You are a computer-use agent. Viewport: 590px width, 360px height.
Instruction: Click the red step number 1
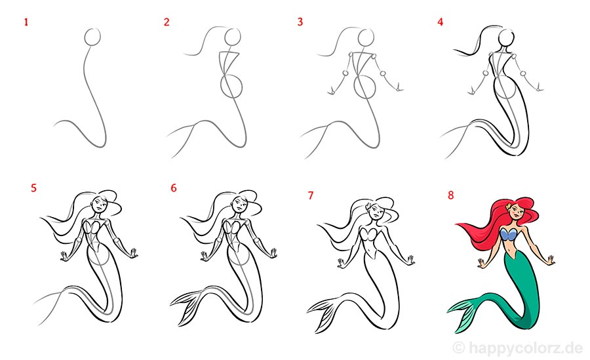point(26,22)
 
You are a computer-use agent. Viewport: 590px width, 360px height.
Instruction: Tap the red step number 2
point(167,22)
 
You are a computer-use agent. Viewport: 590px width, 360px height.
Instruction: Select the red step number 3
point(300,22)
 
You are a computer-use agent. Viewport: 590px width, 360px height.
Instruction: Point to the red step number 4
point(441,22)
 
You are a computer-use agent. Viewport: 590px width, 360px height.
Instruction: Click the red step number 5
point(34,188)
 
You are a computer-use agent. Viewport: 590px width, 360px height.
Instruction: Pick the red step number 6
point(174,188)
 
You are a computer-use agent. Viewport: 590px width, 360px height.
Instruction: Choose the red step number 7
point(311,195)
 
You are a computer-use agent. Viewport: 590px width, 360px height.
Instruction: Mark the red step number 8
point(451,195)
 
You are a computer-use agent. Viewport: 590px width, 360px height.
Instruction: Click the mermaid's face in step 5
point(99,204)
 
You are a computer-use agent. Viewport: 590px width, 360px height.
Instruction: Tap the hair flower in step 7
point(368,207)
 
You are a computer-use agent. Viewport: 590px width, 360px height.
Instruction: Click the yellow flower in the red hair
point(509,207)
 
